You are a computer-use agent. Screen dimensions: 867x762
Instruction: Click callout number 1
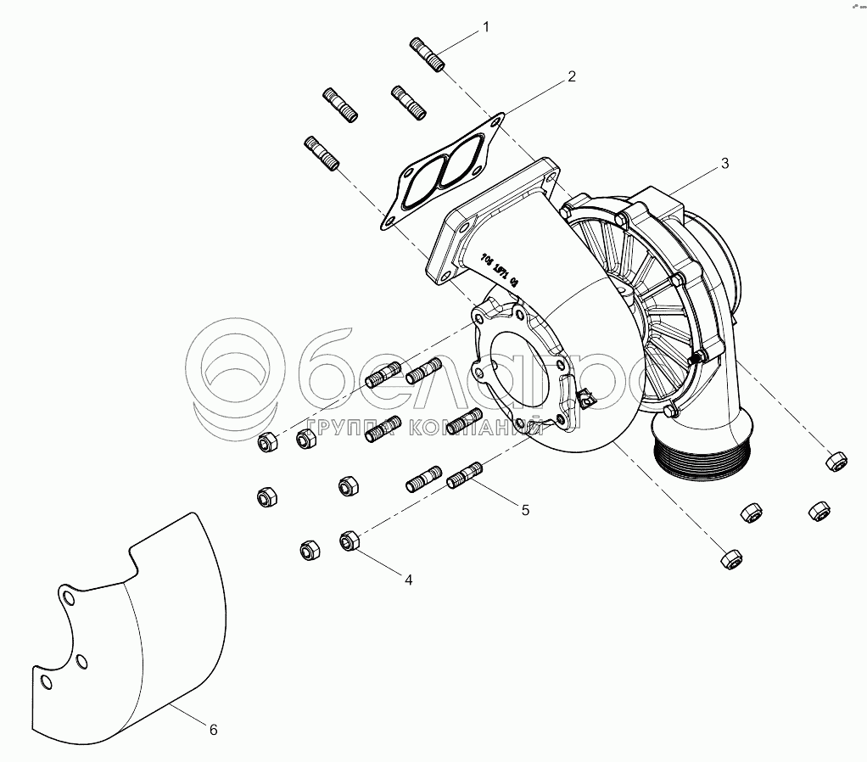(x=486, y=27)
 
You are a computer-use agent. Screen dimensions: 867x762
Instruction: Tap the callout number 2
(x=572, y=76)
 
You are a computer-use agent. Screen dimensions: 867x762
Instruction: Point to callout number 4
(x=408, y=580)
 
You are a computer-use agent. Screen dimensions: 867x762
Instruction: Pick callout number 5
(x=525, y=510)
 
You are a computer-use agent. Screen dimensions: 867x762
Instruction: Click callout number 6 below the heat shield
(x=213, y=729)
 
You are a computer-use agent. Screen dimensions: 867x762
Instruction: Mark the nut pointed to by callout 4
(x=349, y=541)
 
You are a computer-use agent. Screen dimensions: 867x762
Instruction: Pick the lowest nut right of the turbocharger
(x=729, y=558)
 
